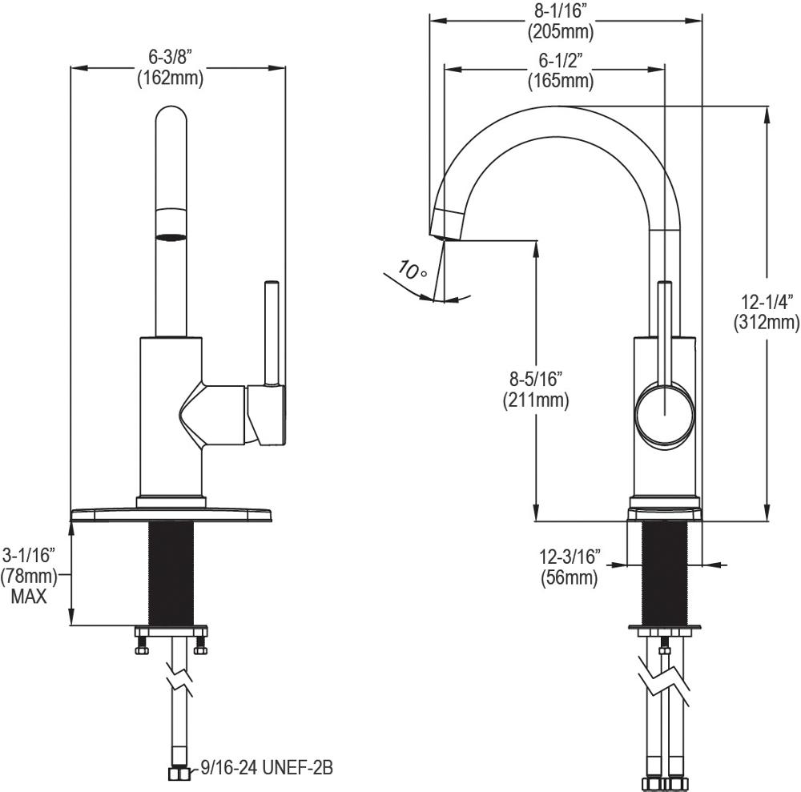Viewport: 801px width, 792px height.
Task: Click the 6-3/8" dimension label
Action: point(170,58)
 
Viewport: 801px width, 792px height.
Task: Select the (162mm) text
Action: point(170,78)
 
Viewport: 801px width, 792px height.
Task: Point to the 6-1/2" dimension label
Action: point(560,60)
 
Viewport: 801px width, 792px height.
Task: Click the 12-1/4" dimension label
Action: point(767,303)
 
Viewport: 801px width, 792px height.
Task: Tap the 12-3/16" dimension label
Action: point(570,557)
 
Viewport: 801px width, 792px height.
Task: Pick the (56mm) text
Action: point(570,577)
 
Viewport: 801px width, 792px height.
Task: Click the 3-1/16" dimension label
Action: point(29,554)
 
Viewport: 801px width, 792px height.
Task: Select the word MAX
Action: point(29,597)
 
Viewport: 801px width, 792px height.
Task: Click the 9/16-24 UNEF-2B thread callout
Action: point(257,768)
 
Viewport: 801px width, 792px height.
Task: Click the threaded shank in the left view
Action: point(171,573)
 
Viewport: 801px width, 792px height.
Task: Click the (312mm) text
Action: point(767,324)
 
